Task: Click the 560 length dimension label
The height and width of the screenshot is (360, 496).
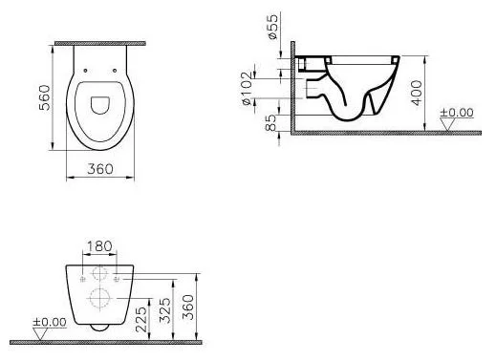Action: [45, 97]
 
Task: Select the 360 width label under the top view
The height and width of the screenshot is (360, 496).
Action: [100, 169]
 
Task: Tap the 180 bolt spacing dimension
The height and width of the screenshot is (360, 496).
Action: [99, 246]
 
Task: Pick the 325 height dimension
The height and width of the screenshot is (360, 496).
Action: [165, 310]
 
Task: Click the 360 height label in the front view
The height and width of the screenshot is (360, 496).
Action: [188, 307]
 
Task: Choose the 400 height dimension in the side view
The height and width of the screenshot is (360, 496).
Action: [417, 93]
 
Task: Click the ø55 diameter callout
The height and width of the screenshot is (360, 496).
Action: [273, 27]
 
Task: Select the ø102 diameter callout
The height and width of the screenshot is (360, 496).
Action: [247, 89]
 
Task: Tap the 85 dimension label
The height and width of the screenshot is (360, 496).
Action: [270, 123]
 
